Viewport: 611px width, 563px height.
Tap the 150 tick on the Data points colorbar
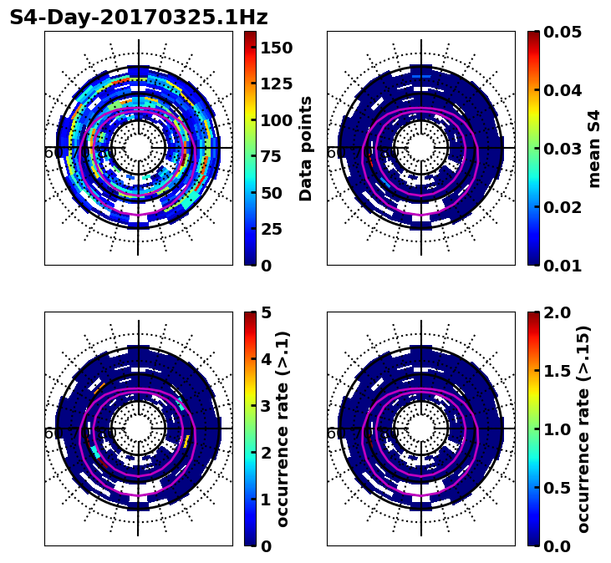click(x=276, y=48)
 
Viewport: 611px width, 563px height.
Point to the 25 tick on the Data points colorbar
click(x=276, y=229)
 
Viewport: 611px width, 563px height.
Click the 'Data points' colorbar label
click(x=306, y=148)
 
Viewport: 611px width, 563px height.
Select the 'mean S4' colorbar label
click(x=594, y=148)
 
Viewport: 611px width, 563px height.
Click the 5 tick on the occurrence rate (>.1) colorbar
click(x=267, y=312)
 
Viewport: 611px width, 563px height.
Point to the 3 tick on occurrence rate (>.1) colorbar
click(x=267, y=406)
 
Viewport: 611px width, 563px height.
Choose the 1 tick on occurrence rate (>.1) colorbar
click(x=267, y=500)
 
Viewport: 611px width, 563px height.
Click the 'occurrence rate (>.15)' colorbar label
click(x=583, y=429)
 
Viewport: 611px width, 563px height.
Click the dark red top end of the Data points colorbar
click(x=250, y=34)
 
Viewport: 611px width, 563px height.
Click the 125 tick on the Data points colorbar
click(x=276, y=84)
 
